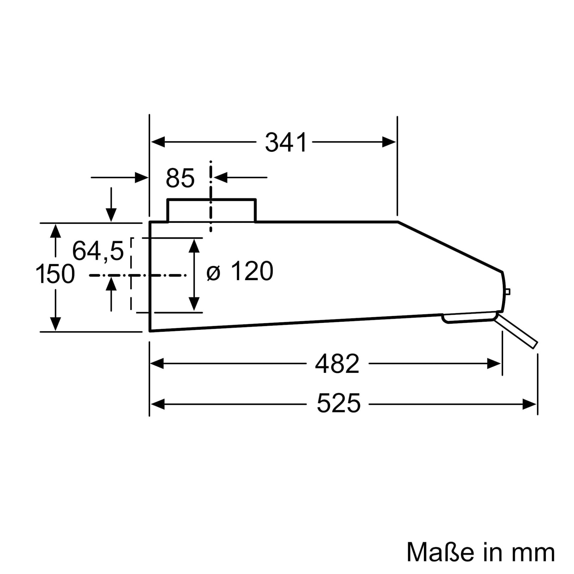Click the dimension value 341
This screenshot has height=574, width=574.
286,143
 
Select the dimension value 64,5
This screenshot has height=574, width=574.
98,251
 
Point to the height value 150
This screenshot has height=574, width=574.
55,274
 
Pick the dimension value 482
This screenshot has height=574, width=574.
337,364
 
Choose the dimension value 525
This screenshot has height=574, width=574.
338,403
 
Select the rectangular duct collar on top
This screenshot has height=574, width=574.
211,210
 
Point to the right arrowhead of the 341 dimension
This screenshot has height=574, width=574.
389,142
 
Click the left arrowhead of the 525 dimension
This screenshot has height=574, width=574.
158,404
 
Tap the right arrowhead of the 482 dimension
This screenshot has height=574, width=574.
494,364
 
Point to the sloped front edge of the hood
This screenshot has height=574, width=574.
450,247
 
